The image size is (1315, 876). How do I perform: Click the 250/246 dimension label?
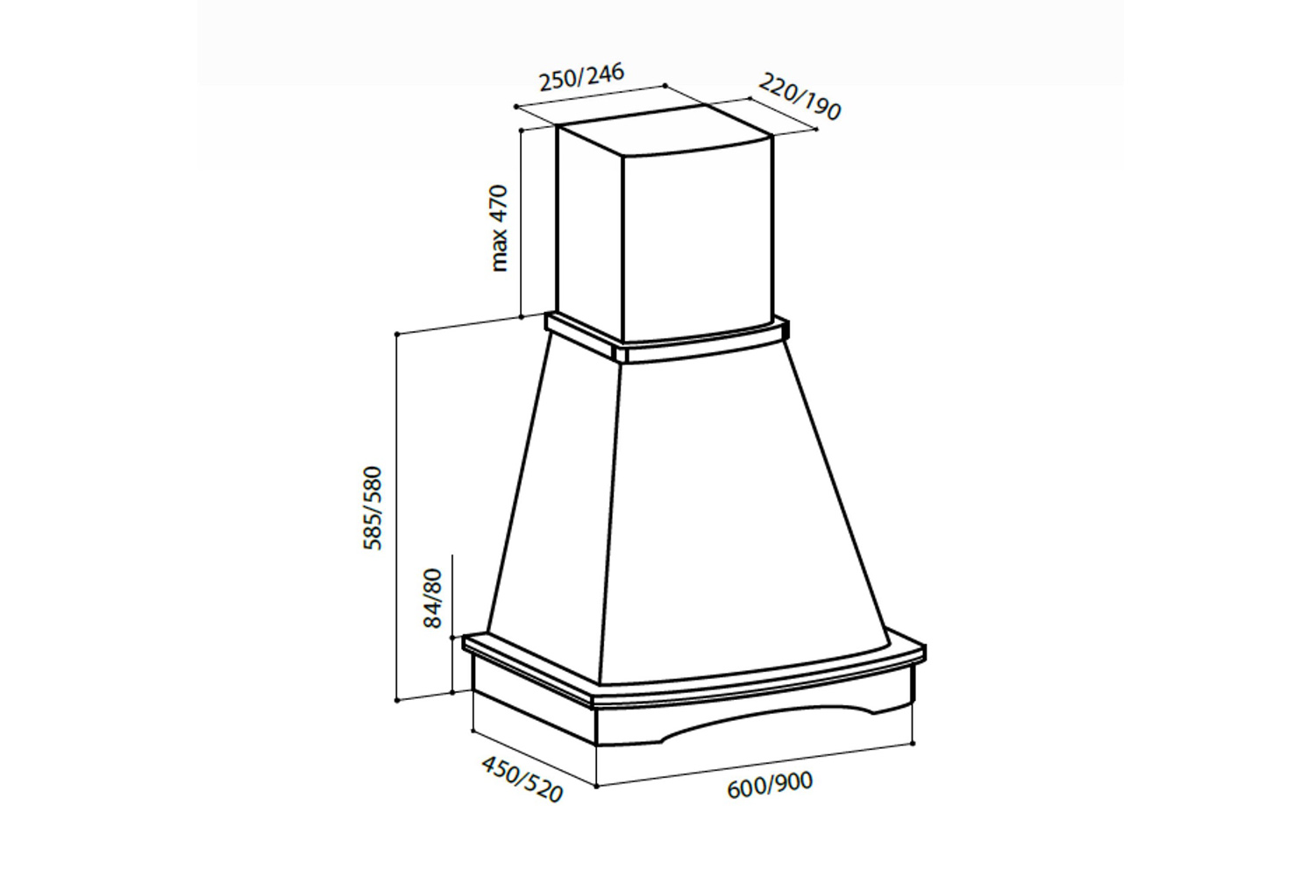click(581, 77)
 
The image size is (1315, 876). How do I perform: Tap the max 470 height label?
click(499, 229)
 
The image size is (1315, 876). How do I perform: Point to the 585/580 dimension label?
click(373, 508)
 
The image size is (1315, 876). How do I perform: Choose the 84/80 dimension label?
click(432, 598)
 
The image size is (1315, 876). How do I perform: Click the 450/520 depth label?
click(522, 779)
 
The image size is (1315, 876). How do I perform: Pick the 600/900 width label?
click(770, 785)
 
